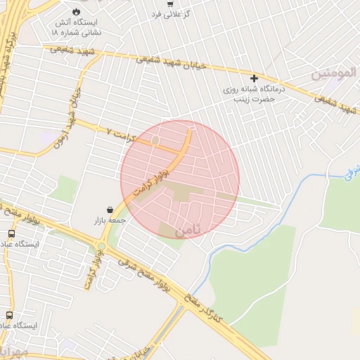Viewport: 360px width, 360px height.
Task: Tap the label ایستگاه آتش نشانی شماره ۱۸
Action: [77, 27]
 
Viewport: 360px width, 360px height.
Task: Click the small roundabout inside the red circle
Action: [155, 141]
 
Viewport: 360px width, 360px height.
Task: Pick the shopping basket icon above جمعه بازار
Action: [110, 210]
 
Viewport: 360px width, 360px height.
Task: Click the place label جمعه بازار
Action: [109, 221]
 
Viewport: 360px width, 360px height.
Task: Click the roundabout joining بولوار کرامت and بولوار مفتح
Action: [102, 246]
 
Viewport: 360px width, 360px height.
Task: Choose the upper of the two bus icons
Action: [11, 233]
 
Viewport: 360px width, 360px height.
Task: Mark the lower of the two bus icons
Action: [9, 316]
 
